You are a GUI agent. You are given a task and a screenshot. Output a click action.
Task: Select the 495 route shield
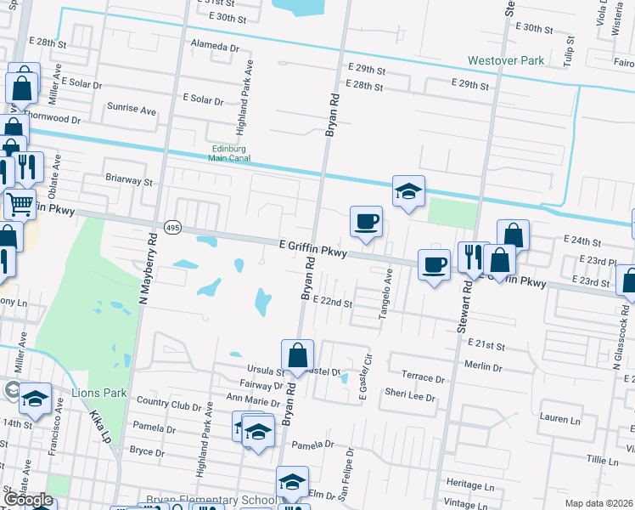(x=172, y=227)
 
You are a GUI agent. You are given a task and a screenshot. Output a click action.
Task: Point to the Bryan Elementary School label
(x=209, y=501)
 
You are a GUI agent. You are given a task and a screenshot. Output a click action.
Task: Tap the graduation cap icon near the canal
(x=408, y=192)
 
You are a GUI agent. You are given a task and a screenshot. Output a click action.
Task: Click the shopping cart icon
(x=20, y=203)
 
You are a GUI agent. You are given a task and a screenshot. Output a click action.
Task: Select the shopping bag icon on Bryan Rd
(x=298, y=356)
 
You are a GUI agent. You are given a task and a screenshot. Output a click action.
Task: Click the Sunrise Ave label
(x=132, y=110)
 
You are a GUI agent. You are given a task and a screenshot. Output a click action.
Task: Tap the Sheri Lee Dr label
(x=409, y=395)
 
